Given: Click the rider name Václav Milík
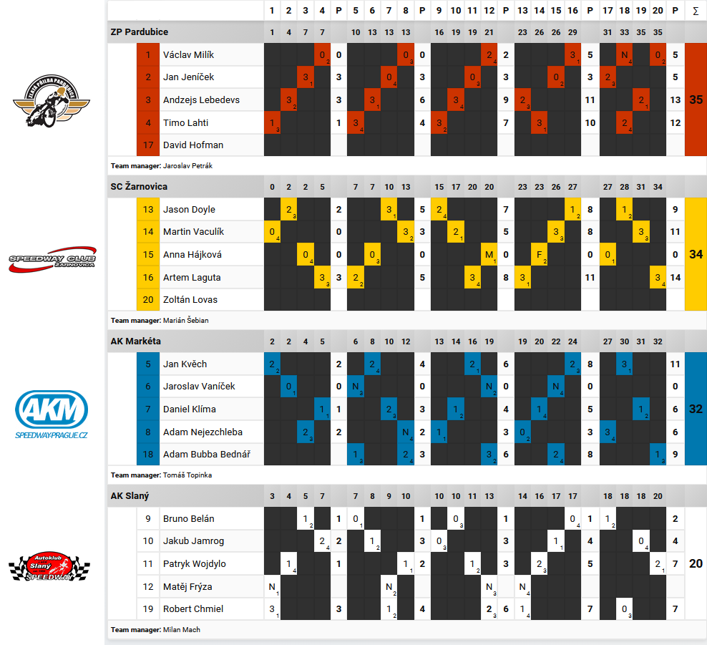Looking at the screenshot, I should click(x=188, y=55).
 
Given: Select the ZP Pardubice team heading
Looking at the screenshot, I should click(x=140, y=32).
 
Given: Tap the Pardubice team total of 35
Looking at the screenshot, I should click(x=696, y=100).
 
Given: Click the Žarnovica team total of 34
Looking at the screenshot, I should click(x=696, y=254).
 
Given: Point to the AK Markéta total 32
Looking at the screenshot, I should click(x=696, y=409).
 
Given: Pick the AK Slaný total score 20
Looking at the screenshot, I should click(x=696, y=564).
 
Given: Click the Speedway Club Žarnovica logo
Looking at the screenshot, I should click(x=52, y=261).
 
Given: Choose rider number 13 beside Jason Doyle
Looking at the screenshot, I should click(x=148, y=210).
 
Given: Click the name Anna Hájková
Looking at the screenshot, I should click(x=192, y=255).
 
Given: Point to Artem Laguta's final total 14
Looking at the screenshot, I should click(x=676, y=277).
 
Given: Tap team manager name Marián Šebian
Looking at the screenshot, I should click(x=185, y=320).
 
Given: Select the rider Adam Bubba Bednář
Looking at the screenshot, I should click(x=203, y=454).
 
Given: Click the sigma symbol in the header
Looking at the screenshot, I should click(x=696, y=11).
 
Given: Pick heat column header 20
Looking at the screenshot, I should click(x=658, y=11).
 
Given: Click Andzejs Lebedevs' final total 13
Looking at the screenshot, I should click(x=676, y=100).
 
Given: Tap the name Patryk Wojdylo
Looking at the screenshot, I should click(x=195, y=564).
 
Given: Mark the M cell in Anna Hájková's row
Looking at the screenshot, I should click(x=489, y=255).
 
